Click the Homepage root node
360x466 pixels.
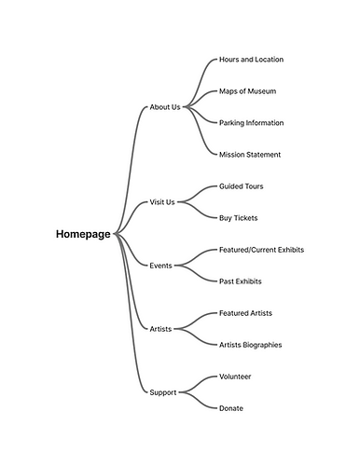pos(84,234)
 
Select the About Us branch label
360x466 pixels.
pos(165,107)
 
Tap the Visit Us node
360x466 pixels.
pos(162,202)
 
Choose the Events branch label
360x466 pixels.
pos(161,266)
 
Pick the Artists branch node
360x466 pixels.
pos(161,329)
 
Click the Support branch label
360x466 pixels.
pos(163,392)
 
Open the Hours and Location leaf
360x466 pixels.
pos(251,60)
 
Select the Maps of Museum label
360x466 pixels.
pos(247,91)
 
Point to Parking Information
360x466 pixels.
pos(251,123)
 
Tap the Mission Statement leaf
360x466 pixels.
pos(249,155)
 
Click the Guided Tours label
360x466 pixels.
pos(241,186)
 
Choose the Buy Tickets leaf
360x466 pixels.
pos(238,218)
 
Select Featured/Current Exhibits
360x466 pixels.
pos(261,250)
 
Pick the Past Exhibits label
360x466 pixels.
pos(240,281)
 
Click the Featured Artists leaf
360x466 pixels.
pos(245,313)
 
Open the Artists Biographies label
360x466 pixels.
pos(250,345)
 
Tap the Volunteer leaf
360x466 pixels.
pos(235,377)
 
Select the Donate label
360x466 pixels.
pos(231,408)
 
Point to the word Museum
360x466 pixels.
pos(260,91)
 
